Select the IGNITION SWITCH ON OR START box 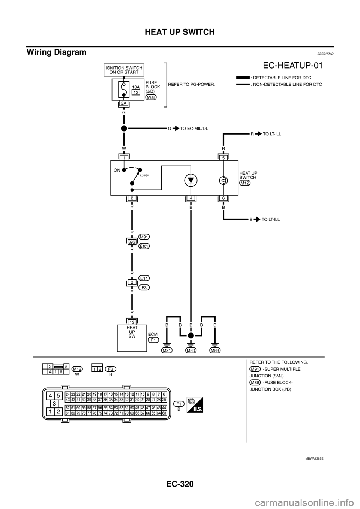click(124, 70)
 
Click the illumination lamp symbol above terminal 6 click(223, 181)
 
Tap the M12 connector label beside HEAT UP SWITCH click(245, 183)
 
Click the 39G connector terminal click(132, 242)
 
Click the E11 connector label click(144, 278)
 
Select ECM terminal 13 click(132, 322)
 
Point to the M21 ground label click(167, 350)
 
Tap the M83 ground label click(215, 350)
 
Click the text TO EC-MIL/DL click(194, 128)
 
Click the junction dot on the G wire click(123, 128)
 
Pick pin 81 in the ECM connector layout click(67, 413)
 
